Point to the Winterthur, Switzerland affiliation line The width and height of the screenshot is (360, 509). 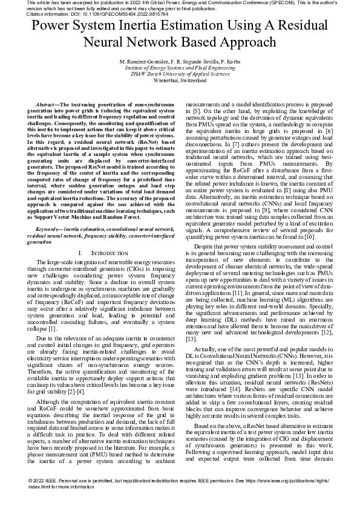[180, 80]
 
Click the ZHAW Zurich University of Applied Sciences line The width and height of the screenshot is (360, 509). [180, 74]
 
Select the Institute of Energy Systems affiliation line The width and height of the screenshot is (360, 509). [180, 68]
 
